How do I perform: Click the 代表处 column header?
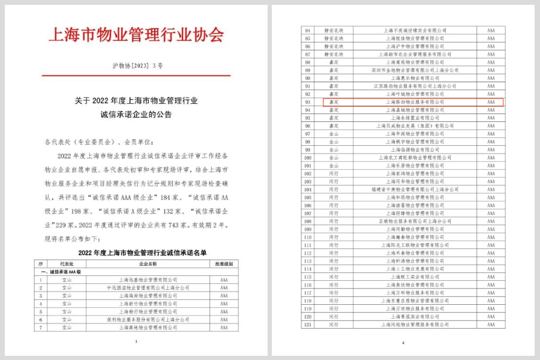point(67,263)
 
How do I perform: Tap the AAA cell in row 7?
point(224,328)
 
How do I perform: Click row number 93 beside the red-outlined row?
point(308,102)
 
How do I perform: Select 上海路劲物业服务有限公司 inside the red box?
point(415,102)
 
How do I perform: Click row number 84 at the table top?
point(308,29)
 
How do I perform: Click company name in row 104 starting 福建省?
point(415,189)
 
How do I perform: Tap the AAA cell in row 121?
point(491,325)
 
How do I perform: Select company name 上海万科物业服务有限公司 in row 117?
point(415,293)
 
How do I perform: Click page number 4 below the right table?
point(403,343)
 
